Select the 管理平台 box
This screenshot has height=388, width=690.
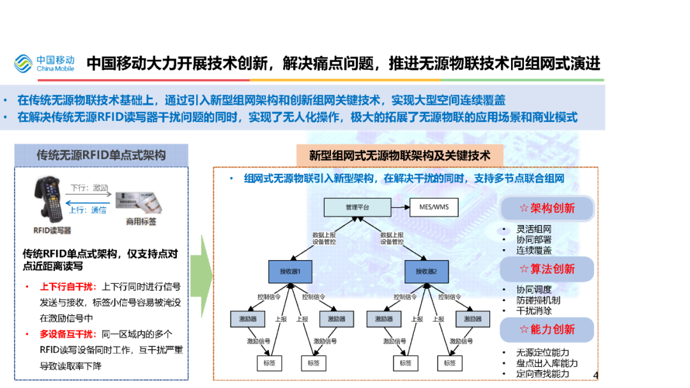(356, 207)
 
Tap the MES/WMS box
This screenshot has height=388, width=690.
(434, 207)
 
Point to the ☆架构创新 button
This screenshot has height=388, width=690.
(547, 208)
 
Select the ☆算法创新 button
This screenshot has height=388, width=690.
(547, 269)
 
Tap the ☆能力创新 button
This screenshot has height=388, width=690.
(547, 330)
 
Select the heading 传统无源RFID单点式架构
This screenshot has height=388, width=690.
(101, 155)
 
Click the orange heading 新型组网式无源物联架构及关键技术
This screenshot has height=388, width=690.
(400, 155)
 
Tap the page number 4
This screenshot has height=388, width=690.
(596, 375)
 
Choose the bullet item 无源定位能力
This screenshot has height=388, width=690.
(543, 352)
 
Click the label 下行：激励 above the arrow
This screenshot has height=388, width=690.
(89, 188)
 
